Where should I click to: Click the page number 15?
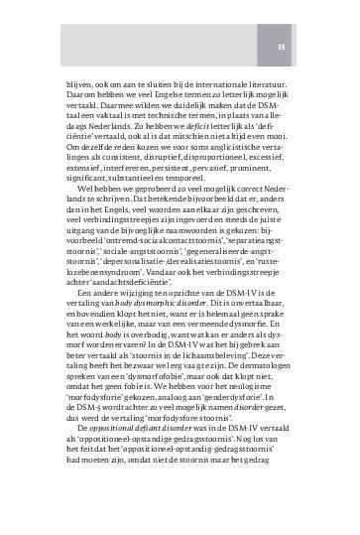pos(281,47)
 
